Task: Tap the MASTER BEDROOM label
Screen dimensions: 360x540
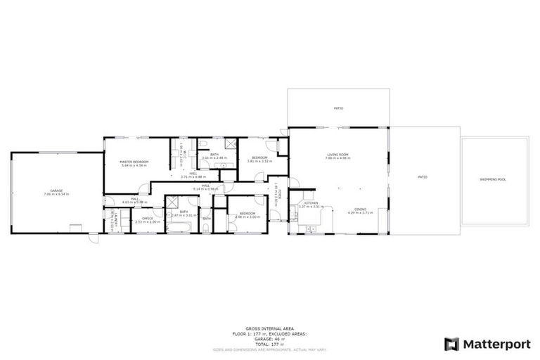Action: tap(134, 162)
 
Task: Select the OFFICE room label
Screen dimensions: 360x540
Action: tap(148, 219)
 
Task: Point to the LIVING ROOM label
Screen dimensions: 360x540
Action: tap(337, 155)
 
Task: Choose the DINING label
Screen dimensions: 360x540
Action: tap(360, 209)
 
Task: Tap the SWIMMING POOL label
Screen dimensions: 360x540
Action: tap(493, 179)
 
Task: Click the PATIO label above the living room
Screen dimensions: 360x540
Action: tap(337, 108)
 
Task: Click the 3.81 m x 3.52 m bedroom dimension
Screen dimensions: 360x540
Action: tap(259, 161)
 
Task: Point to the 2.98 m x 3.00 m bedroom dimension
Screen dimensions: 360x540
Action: tap(247, 217)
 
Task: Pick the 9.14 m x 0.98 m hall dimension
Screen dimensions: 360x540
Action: tap(206, 188)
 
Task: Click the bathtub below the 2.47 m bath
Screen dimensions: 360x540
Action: tap(180, 227)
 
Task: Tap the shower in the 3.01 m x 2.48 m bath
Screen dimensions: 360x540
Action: tap(230, 145)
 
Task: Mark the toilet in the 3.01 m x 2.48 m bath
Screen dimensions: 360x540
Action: tap(202, 144)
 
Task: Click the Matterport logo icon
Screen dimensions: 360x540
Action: tap(452, 344)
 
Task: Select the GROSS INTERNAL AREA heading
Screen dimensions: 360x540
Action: tap(269, 328)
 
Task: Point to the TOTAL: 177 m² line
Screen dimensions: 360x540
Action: tap(269, 342)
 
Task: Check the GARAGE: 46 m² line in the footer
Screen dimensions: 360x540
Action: tap(269, 337)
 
